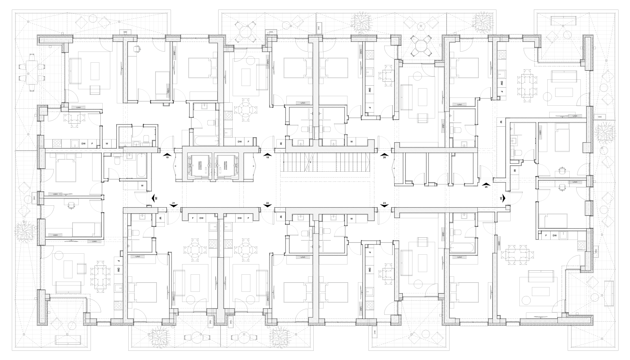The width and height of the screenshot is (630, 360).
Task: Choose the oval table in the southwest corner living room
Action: tap(100, 276)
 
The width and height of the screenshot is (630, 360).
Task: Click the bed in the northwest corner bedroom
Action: tap(89, 71)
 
